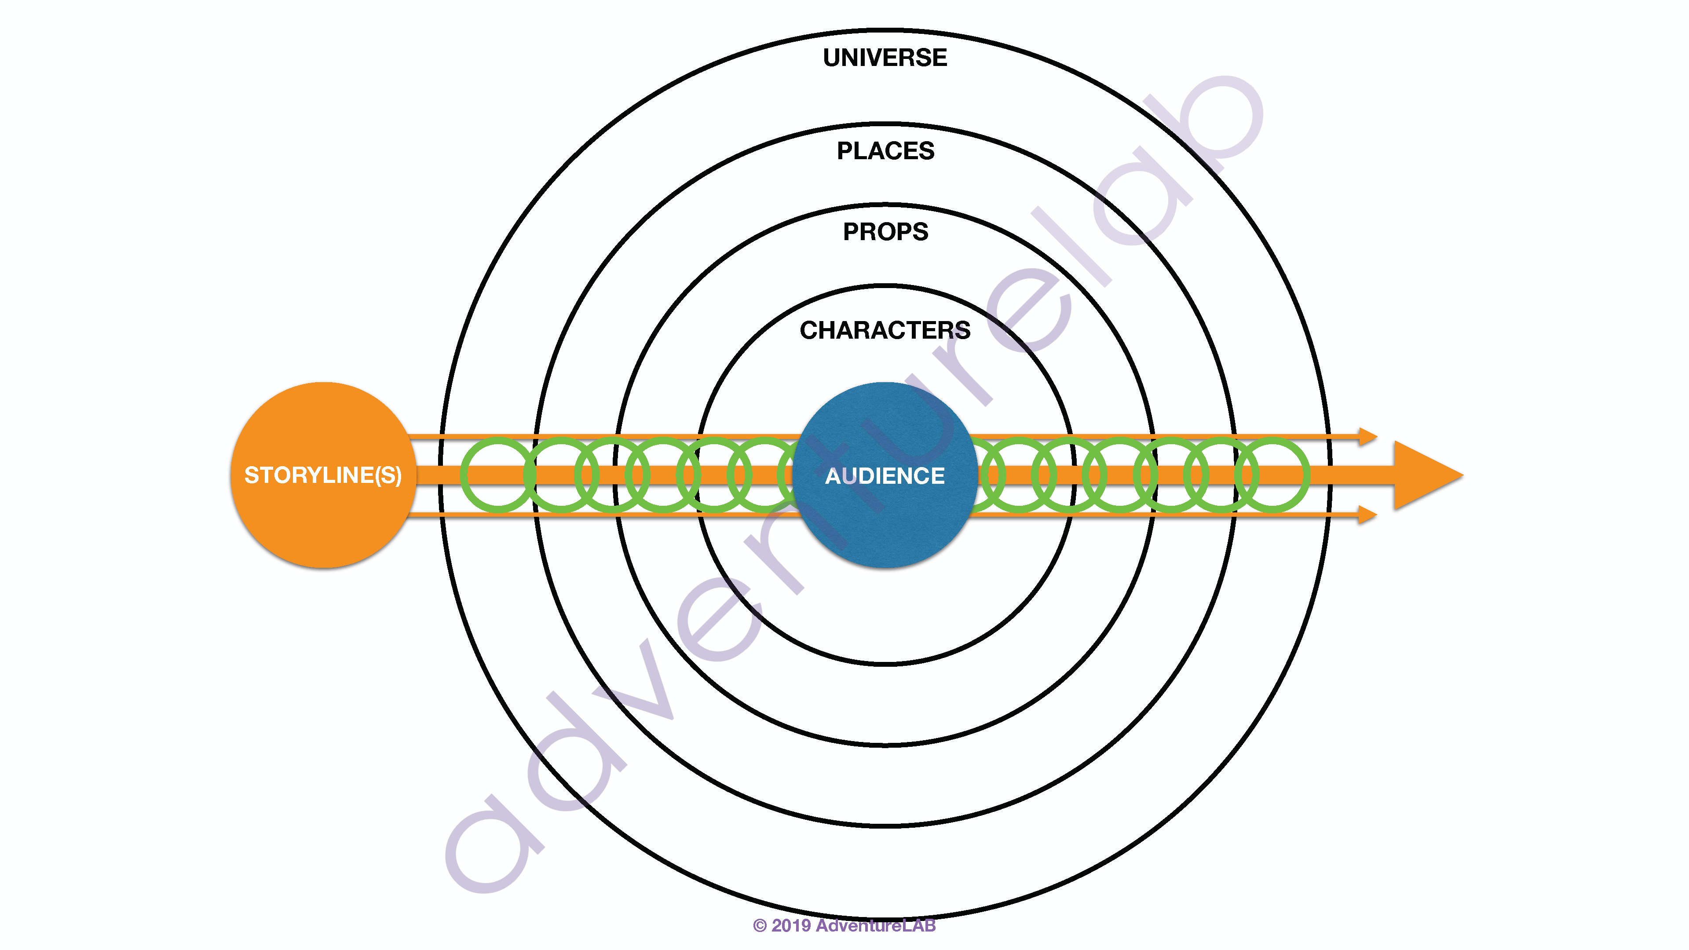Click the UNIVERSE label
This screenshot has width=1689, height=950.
pyautogui.click(x=885, y=58)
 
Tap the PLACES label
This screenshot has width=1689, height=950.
pyautogui.click(x=885, y=151)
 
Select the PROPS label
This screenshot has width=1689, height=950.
pyautogui.click(x=885, y=231)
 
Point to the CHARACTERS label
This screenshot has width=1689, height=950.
pyautogui.click(x=885, y=330)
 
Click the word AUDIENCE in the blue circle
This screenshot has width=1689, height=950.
pyautogui.click(x=885, y=475)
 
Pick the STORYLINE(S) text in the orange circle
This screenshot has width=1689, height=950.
pyautogui.click(x=322, y=475)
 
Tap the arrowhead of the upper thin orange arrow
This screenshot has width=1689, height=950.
pyautogui.click(x=1367, y=436)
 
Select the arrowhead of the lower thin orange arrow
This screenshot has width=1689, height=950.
pyautogui.click(x=1367, y=515)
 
